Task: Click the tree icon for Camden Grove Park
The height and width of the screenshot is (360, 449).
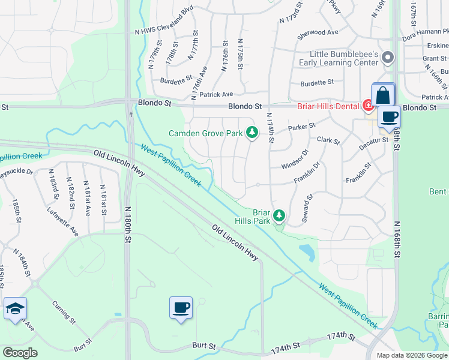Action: click(x=253, y=132)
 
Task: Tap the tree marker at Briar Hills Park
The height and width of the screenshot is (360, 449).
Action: click(x=279, y=215)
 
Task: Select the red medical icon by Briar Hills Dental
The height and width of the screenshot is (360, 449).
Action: click(x=368, y=106)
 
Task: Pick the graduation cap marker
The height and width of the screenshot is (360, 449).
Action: click(x=15, y=309)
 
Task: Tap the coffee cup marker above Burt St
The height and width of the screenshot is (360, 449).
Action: click(x=181, y=308)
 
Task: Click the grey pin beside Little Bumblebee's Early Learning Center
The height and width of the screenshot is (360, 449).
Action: click(x=388, y=58)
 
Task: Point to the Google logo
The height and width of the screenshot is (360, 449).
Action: click(x=20, y=353)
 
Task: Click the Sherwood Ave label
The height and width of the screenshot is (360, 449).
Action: click(x=318, y=32)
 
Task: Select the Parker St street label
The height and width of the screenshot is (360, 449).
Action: click(x=301, y=127)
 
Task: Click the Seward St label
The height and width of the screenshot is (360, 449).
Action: click(x=307, y=208)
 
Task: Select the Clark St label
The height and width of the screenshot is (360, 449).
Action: click(x=328, y=142)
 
